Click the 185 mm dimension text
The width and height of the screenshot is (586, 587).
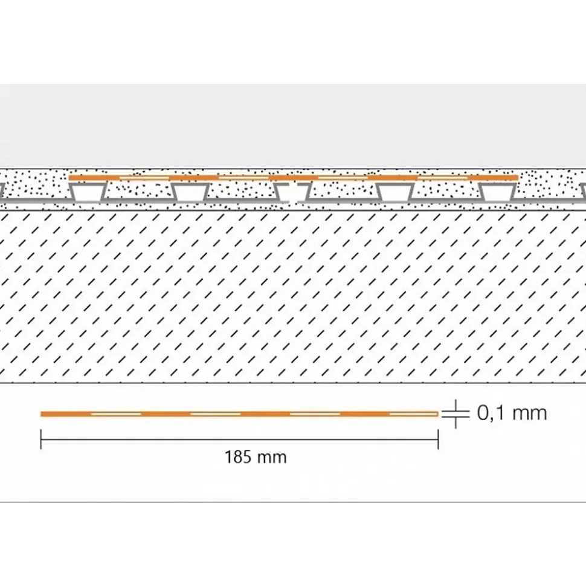pyautogui.click(x=256, y=457)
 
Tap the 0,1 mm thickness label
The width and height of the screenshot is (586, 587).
pyautogui.click(x=512, y=413)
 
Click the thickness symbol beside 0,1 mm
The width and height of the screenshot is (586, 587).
pyautogui.click(x=456, y=413)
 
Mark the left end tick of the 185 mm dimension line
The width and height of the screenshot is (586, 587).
pyautogui.click(x=41, y=439)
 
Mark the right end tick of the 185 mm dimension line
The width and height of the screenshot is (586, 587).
pyautogui.click(x=438, y=439)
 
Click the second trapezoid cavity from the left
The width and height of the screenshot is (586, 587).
pyautogui.click(x=190, y=192)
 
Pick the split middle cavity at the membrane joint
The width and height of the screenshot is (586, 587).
pyautogui.click(x=292, y=192)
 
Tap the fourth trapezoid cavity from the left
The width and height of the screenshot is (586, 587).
pyautogui.click(x=395, y=192)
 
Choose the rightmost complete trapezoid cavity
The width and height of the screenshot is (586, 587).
pyautogui.click(x=498, y=192)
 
